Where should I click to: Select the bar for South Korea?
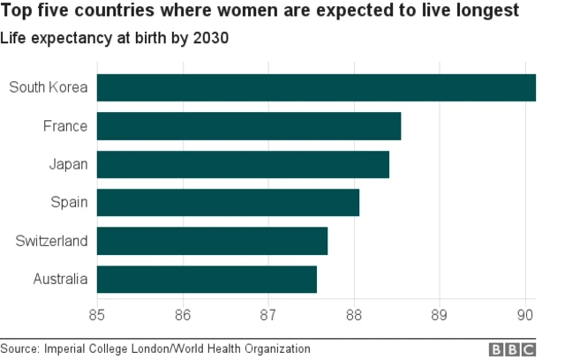click(x=316, y=88)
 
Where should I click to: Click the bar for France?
click(x=249, y=126)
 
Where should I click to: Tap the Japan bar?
click(x=243, y=164)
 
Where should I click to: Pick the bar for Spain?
click(x=228, y=202)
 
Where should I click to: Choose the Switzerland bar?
click(x=212, y=241)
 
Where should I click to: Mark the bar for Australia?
click(x=207, y=279)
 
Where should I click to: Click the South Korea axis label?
click(x=48, y=87)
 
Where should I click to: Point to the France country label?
click(x=65, y=126)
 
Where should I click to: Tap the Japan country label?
click(x=68, y=164)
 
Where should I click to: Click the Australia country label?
click(x=59, y=279)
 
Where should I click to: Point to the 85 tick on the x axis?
click(x=97, y=312)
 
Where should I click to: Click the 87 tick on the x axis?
click(x=268, y=312)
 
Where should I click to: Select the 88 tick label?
click(x=354, y=312)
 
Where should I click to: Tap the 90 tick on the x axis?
click(x=525, y=312)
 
